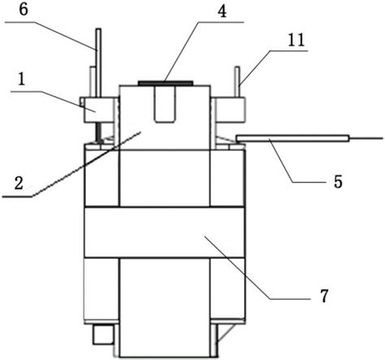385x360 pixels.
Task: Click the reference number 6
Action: coord(24,11)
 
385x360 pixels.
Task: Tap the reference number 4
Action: coord(222,11)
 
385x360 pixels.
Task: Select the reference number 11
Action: coord(296,40)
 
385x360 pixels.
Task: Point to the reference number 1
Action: coord(21,80)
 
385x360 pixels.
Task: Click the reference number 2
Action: coord(19,183)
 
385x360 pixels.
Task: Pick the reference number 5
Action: coord(338,181)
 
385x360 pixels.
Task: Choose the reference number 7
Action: coord(324,296)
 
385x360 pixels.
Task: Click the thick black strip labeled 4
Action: coord(166,82)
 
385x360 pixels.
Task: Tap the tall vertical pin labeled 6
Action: coord(99,63)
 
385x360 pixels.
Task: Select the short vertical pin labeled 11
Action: coord(237,81)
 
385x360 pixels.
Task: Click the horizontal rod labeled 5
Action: coord(292,139)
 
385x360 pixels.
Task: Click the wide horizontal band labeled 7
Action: coord(165,232)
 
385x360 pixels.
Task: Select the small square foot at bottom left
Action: coord(103,335)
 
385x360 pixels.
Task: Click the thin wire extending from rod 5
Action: coord(366,139)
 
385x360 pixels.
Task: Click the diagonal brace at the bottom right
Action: coord(223,332)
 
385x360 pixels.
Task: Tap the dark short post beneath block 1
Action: coord(98,132)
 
